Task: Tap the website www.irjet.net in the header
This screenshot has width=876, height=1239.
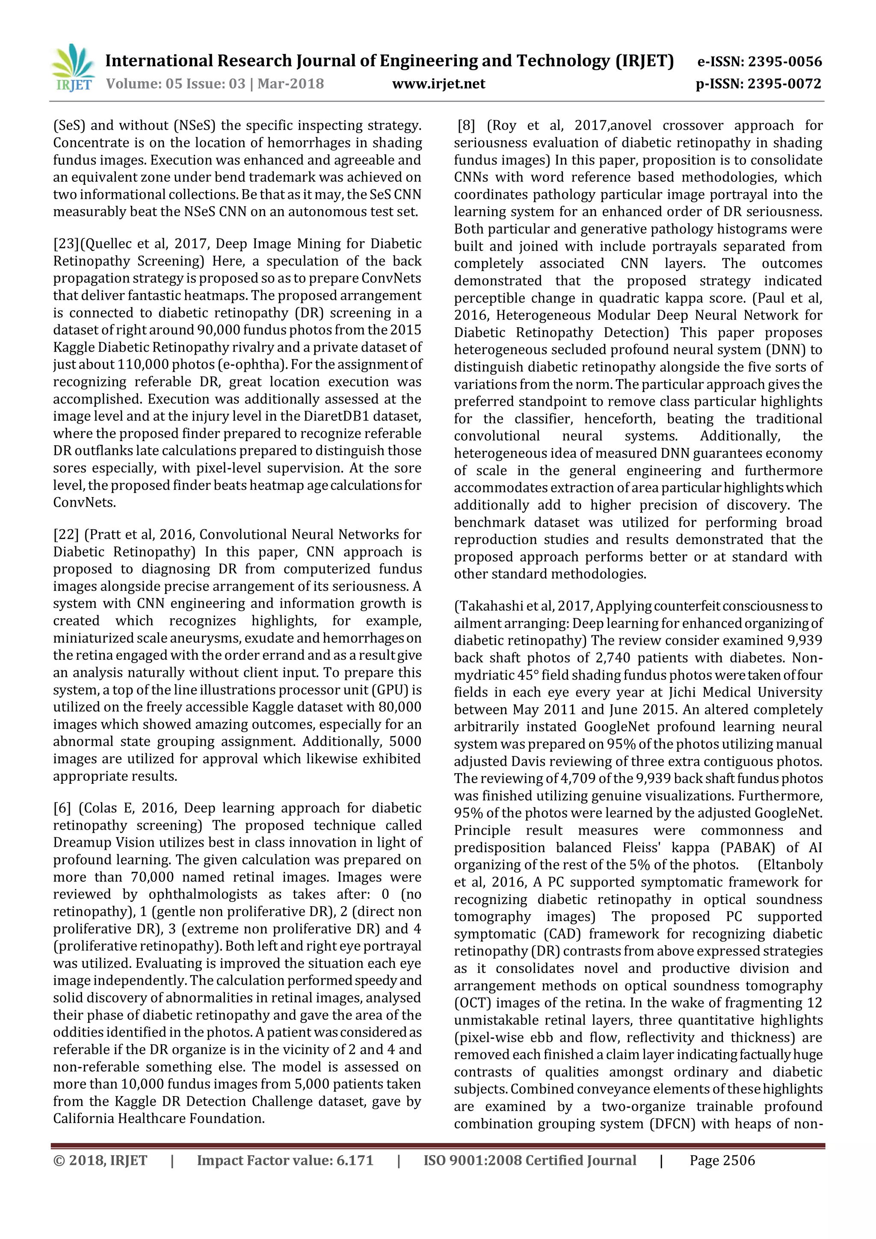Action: pos(438,84)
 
